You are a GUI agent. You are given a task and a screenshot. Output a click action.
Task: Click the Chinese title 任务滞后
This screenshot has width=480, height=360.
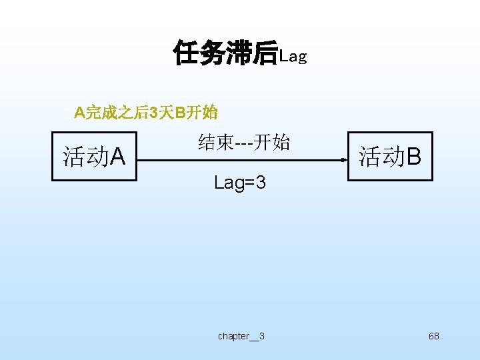point(225,53)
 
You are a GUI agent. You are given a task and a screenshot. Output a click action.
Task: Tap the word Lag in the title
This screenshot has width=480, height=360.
point(293,57)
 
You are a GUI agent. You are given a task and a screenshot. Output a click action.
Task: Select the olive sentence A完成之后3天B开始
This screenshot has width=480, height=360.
point(146,113)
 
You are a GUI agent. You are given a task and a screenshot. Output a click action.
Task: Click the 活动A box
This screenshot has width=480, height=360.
point(94,157)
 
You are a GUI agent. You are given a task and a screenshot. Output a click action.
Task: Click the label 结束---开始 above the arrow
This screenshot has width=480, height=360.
point(244,142)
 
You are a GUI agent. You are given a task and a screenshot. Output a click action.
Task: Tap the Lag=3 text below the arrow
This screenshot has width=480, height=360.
point(240,182)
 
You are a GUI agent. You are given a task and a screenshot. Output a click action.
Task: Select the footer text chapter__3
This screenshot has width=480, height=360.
point(241,336)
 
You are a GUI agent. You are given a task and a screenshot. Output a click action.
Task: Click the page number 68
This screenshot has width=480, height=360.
point(434,336)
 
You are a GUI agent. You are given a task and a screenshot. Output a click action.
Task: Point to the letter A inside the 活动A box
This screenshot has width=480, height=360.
point(117,157)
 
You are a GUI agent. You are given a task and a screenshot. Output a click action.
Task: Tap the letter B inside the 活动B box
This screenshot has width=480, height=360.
point(413,157)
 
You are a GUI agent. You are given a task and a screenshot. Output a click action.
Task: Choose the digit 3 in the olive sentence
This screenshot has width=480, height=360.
point(153,113)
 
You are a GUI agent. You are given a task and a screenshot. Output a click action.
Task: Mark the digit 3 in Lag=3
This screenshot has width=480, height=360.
point(261,182)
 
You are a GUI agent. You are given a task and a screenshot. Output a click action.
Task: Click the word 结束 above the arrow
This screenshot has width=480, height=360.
point(215,142)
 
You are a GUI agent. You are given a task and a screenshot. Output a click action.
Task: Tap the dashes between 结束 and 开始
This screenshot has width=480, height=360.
point(243,143)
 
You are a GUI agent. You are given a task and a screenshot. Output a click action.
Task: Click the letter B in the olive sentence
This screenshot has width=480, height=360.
point(179,113)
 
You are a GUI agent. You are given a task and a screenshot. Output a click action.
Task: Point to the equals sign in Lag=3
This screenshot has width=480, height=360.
point(249,183)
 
